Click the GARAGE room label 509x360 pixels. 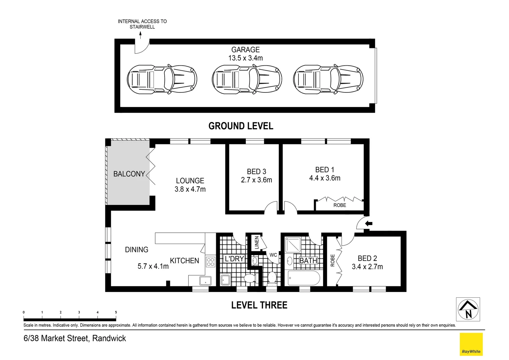[246, 50]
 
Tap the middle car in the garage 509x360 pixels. [247, 79]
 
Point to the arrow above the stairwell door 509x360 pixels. [141, 35]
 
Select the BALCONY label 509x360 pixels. [129, 174]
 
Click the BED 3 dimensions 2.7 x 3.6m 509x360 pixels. [256, 180]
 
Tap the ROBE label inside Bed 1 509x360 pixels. [340, 205]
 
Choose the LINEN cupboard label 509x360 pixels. [257, 243]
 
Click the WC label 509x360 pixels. [273, 255]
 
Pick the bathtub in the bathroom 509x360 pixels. [304, 278]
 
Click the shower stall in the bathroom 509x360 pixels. [293, 245]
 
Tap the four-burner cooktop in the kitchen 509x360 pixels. [211, 262]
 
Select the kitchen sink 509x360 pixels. [206, 281]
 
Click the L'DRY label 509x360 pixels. [234, 259]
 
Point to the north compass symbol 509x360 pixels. [468, 309]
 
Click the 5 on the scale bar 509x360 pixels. [116, 312]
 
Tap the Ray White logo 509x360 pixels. [471, 344]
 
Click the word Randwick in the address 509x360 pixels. [109, 338]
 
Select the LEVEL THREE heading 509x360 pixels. [259, 305]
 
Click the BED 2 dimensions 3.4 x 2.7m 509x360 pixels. [367, 267]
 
